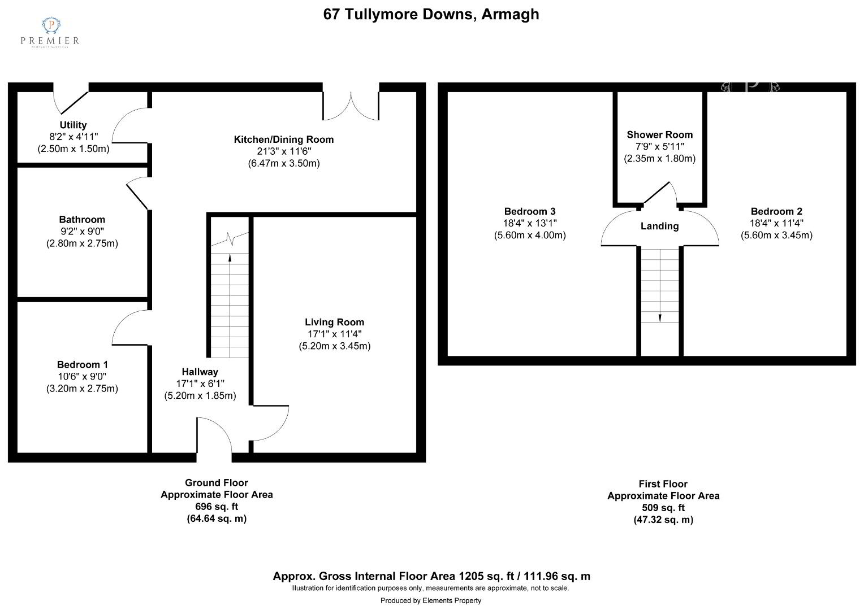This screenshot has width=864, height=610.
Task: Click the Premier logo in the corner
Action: tap(50, 32)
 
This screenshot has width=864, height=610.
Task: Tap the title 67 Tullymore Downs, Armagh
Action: tap(431, 14)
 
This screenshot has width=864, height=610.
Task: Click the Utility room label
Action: tap(73, 125)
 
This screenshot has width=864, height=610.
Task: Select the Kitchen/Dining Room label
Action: tap(283, 140)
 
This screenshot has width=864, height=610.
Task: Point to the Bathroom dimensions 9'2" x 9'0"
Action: tap(82, 231)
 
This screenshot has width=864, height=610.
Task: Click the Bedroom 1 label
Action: tap(82, 364)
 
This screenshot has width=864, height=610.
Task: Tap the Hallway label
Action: tap(200, 372)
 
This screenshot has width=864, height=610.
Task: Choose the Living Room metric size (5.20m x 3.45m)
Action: tap(334, 346)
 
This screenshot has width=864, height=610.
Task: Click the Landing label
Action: tap(659, 226)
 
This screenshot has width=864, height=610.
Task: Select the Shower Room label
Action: tap(659, 134)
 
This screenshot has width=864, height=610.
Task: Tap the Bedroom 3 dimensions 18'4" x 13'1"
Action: tap(530, 223)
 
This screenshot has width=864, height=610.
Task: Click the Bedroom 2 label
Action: tap(776, 211)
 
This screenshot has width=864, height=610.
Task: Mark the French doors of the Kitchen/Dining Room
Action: tap(351, 106)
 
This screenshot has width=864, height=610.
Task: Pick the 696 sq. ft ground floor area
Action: tap(217, 506)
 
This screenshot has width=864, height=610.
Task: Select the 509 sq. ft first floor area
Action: tap(663, 508)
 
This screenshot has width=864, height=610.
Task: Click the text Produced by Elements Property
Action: tap(431, 600)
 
